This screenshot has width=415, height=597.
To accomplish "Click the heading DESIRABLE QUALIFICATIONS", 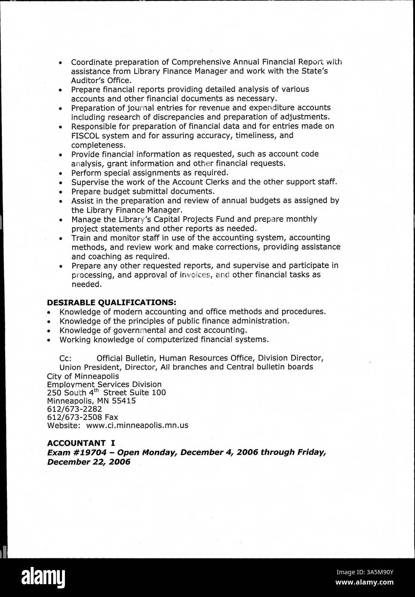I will [x=111, y=302].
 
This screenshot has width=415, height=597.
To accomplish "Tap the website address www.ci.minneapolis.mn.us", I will [x=137, y=426].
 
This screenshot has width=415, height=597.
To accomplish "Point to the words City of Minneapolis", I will [x=83, y=376].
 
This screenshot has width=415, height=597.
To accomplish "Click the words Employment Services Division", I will [x=104, y=384].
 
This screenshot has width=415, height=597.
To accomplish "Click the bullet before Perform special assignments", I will [x=61, y=174].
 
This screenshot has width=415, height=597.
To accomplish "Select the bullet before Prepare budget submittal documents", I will [x=61, y=192].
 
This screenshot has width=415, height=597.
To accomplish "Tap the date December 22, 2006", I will [x=89, y=462].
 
